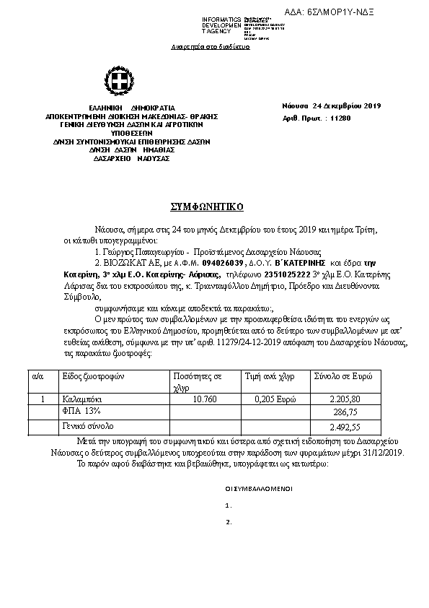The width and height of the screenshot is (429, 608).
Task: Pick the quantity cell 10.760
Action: coord(205,399)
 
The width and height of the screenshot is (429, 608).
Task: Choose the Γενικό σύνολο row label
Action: coord(87,426)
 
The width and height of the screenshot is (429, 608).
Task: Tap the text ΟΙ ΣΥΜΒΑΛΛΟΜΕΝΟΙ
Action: coord(259,489)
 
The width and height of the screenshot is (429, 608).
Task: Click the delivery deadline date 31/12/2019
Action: coord(383,452)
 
